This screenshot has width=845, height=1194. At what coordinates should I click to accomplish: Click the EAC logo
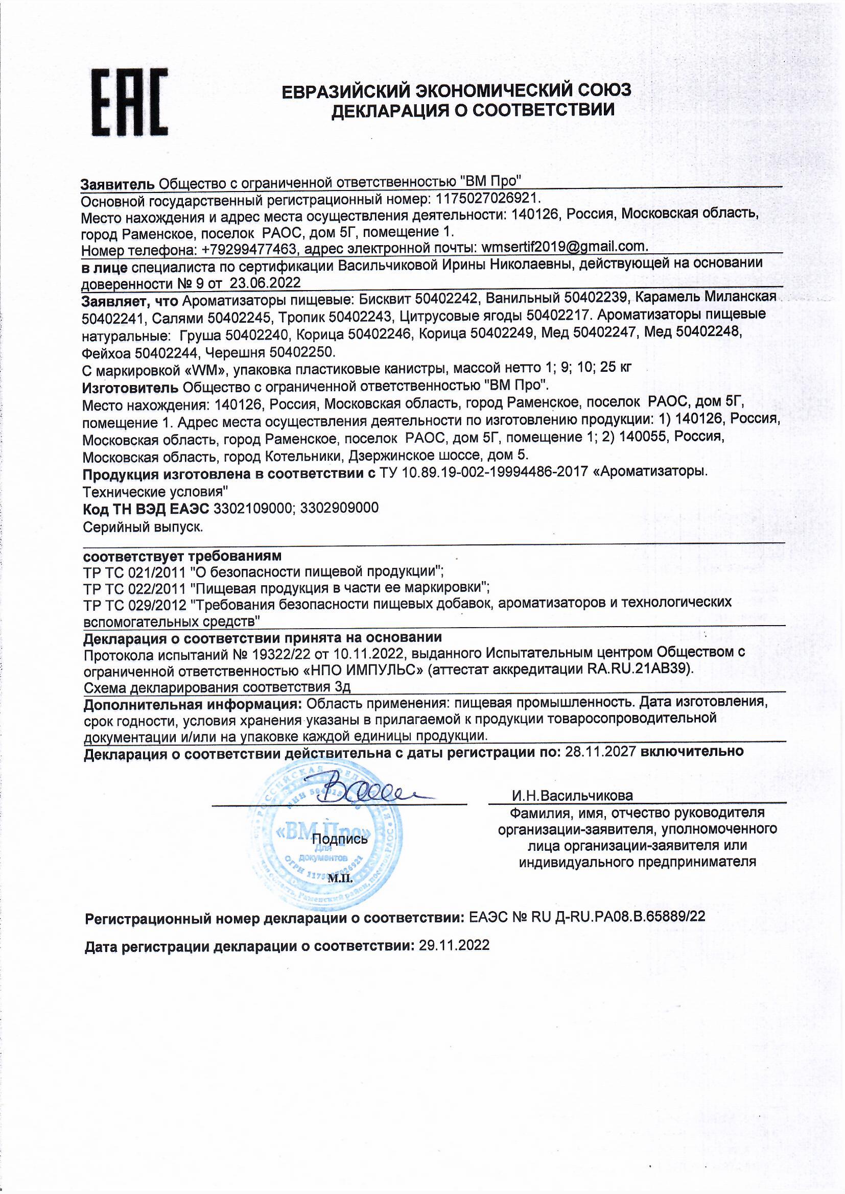129,103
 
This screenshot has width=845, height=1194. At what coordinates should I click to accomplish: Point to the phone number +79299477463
248,250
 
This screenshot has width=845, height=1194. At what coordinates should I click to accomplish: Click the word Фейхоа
107,352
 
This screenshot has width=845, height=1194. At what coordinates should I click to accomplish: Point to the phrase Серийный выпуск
143,527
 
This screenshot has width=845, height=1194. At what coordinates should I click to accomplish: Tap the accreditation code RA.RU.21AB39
640,669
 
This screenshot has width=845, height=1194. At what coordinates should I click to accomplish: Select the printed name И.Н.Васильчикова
572,796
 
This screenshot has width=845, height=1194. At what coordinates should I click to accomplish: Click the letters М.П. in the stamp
340,879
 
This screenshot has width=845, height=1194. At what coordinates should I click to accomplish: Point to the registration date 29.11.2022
454,945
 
